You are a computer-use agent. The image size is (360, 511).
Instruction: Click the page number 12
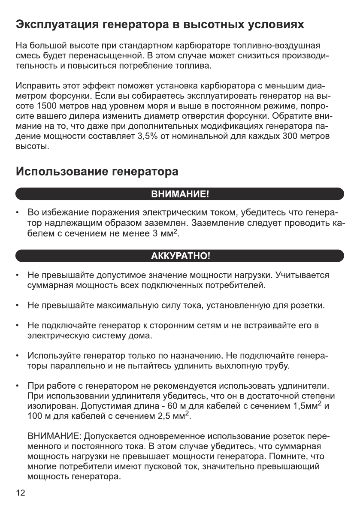coord(21,493)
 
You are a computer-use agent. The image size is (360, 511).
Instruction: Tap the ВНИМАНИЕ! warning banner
coord(180,194)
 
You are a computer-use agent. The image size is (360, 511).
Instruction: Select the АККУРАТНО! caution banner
coord(180,257)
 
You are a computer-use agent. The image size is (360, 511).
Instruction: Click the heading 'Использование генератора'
coord(97,172)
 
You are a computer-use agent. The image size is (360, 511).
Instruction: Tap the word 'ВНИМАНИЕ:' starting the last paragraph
coord(54,437)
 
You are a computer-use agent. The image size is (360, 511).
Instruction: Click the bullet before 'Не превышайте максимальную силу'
coord(17,305)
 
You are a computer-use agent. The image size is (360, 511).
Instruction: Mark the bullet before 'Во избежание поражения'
coord(17,213)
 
